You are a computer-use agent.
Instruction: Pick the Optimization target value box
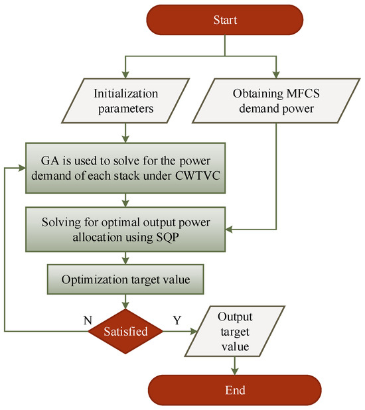pos(124,280)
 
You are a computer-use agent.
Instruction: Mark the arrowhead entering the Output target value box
pos(193,329)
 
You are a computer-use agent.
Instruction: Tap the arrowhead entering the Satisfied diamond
pos(124,306)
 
